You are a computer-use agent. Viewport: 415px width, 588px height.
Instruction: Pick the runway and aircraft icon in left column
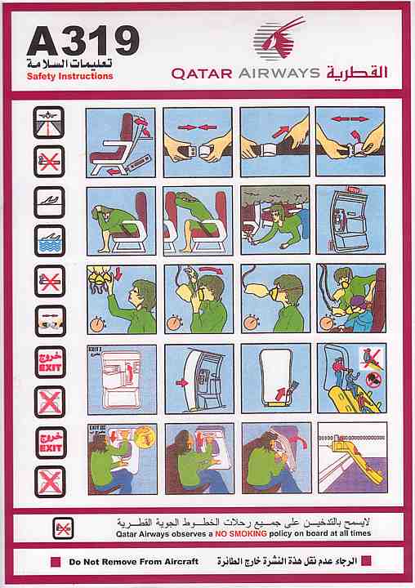tap(48, 122)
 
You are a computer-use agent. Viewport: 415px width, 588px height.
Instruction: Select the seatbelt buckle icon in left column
tap(48, 319)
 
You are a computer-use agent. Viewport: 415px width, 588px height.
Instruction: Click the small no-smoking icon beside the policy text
tap(63, 527)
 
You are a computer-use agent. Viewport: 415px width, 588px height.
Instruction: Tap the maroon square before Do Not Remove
tap(55, 562)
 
